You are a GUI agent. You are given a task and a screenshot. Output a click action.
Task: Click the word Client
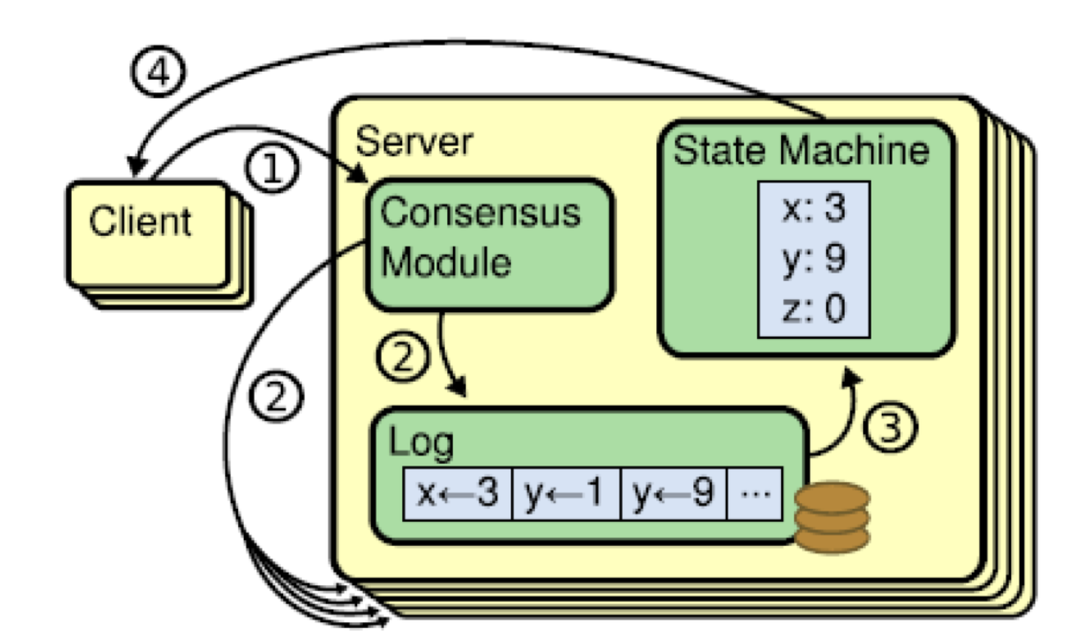click(141, 221)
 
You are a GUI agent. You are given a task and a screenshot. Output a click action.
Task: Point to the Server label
click(414, 143)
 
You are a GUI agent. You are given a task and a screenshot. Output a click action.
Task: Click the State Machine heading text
click(800, 151)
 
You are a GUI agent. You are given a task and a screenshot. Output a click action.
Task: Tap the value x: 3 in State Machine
click(813, 212)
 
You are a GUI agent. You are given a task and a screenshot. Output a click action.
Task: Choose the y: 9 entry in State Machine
click(813, 260)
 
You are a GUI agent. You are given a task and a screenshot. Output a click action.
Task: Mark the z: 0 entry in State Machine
click(813, 308)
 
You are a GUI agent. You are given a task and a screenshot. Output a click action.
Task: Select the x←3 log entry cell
click(457, 493)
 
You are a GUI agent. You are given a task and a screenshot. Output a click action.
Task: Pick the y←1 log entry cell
click(566, 493)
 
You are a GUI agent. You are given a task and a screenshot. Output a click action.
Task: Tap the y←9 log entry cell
click(674, 493)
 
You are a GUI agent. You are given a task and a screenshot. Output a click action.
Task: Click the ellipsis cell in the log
click(754, 493)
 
